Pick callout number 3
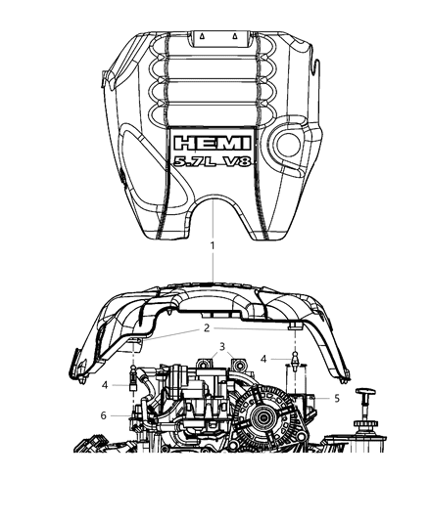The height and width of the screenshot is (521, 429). (222, 347)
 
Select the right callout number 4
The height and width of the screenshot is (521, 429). (263, 359)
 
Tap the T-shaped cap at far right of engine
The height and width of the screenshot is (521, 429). (366, 397)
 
